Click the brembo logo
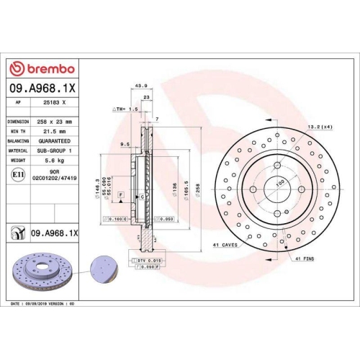click(44, 68)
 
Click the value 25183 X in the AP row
click(55, 103)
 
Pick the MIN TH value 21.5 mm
click(55, 132)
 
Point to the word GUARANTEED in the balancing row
click(60, 141)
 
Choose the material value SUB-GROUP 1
click(60, 150)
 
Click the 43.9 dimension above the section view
click(142, 86)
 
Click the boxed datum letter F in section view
click(121, 196)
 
